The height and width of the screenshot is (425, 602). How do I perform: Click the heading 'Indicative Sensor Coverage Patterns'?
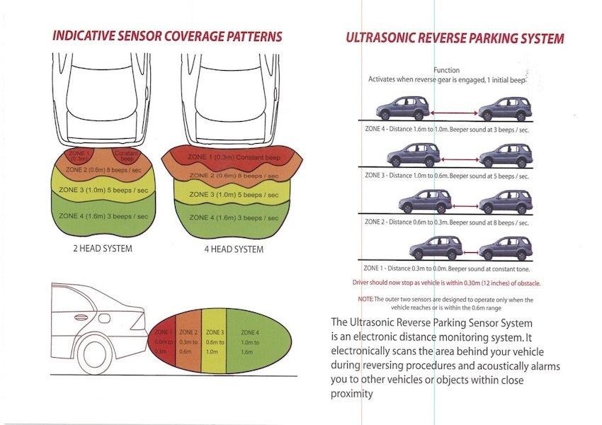tap(167, 36)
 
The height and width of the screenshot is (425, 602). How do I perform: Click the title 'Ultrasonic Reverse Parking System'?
tap(455, 38)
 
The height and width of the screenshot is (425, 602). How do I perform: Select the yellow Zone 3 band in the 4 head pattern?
tap(228, 194)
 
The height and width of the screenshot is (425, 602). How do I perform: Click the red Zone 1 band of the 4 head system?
tap(228, 157)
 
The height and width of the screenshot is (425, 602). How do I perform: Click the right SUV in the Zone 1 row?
tap(504, 249)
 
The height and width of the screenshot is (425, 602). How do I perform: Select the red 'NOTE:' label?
tap(365, 300)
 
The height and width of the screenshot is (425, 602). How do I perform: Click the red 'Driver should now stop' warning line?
tap(446, 283)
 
